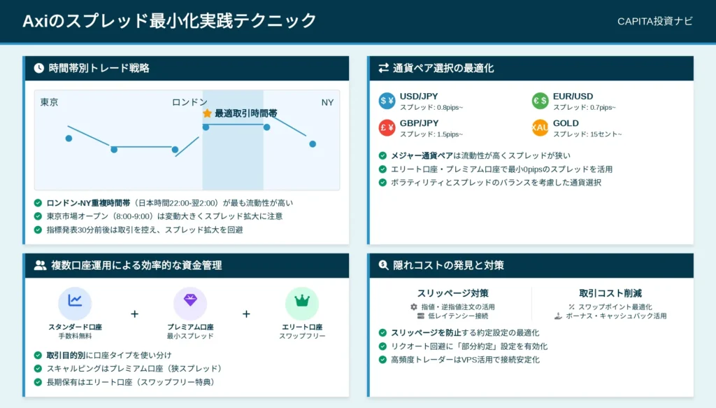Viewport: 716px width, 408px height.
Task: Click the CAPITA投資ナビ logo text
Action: pyautogui.click(x=654, y=21)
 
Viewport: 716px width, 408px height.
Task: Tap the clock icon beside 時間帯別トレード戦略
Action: pyautogui.click(x=39, y=68)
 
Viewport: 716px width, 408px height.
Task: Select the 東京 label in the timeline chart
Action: pyautogui.click(x=50, y=102)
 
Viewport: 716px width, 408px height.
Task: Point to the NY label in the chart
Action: pyautogui.click(x=327, y=102)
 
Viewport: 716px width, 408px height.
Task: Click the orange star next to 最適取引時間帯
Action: pyautogui.click(x=207, y=113)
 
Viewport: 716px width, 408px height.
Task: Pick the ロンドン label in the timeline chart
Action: pyautogui.click(x=189, y=102)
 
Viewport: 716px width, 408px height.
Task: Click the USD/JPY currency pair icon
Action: pyautogui.click(x=387, y=101)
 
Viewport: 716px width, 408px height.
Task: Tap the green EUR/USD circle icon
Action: pyautogui.click(x=540, y=101)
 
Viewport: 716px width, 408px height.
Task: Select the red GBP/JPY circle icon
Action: pyautogui.click(x=387, y=127)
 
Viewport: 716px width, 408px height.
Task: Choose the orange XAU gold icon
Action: pyautogui.click(x=540, y=127)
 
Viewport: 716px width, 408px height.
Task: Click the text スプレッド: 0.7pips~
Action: pyautogui.click(x=585, y=107)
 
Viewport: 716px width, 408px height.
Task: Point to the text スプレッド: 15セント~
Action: pyautogui.click(x=587, y=134)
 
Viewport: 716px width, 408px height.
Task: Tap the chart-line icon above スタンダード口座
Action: pyautogui.click(x=75, y=303)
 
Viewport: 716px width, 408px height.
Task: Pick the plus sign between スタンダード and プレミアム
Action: pyautogui.click(x=134, y=314)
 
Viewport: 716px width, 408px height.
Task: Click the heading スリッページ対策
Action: pyautogui.click(x=452, y=293)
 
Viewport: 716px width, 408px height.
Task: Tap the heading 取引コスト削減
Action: pyautogui.click(x=610, y=293)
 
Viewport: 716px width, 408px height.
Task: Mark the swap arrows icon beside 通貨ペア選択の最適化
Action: pyautogui.click(x=384, y=68)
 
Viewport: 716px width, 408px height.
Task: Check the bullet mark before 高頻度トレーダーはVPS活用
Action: pyautogui.click(x=382, y=360)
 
